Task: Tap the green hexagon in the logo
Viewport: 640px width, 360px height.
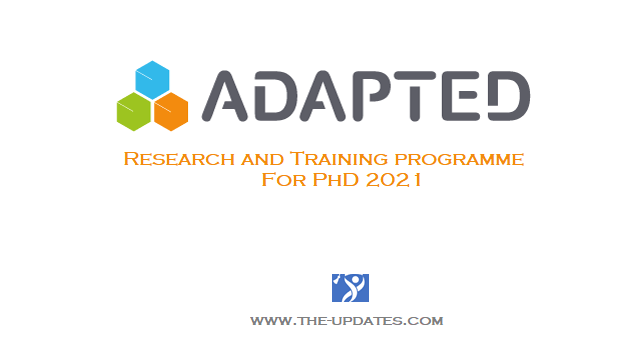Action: tap(133, 109)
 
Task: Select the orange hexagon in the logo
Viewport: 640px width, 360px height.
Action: tap(171, 109)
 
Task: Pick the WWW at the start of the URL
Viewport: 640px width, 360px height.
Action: tap(268, 323)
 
